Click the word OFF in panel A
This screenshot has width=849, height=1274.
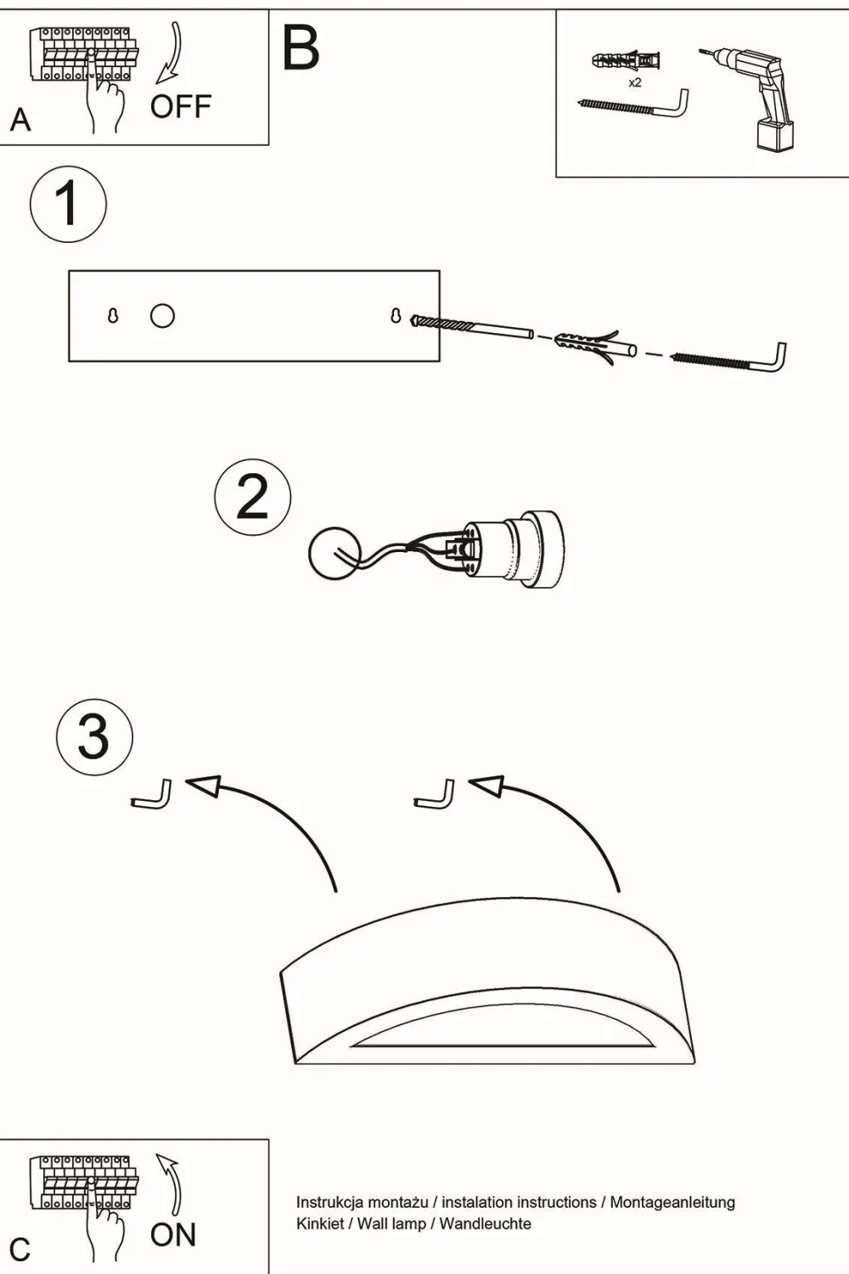[x=180, y=107]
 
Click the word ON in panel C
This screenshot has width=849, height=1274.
[x=173, y=1235]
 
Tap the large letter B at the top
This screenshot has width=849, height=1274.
[x=301, y=48]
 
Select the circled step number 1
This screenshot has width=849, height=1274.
[x=68, y=205]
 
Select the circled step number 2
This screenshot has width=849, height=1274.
[x=252, y=498]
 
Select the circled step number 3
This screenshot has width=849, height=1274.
[x=94, y=736]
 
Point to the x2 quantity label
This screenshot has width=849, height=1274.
[x=634, y=83]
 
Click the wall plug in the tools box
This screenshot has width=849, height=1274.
[x=626, y=61]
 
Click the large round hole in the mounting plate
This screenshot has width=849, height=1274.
[x=162, y=316]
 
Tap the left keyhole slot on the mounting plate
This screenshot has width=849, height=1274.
[x=113, y=316]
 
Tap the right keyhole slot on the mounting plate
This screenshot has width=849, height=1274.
[x=395, y=315]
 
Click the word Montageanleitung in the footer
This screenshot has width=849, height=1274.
[x=672, y=1203]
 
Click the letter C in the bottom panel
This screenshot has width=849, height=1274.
[x=20, y=1249]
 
